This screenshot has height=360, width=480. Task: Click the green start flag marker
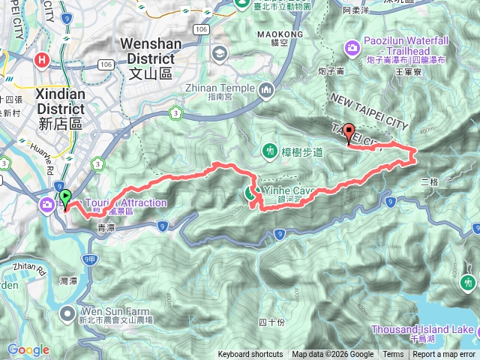click(x=65, y=199)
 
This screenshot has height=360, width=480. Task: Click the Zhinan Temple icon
click(x=266, y=91)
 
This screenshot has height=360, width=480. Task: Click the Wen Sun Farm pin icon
click(x=67, y=312)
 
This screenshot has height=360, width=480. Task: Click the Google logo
click(x=28, y=349)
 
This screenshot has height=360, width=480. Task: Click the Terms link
click(x=393, y=355)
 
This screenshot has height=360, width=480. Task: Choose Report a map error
click(x=445, y=355)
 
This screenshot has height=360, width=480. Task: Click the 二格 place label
click(x=429, y=182)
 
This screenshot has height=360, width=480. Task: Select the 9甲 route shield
click(x=89, y=259)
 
